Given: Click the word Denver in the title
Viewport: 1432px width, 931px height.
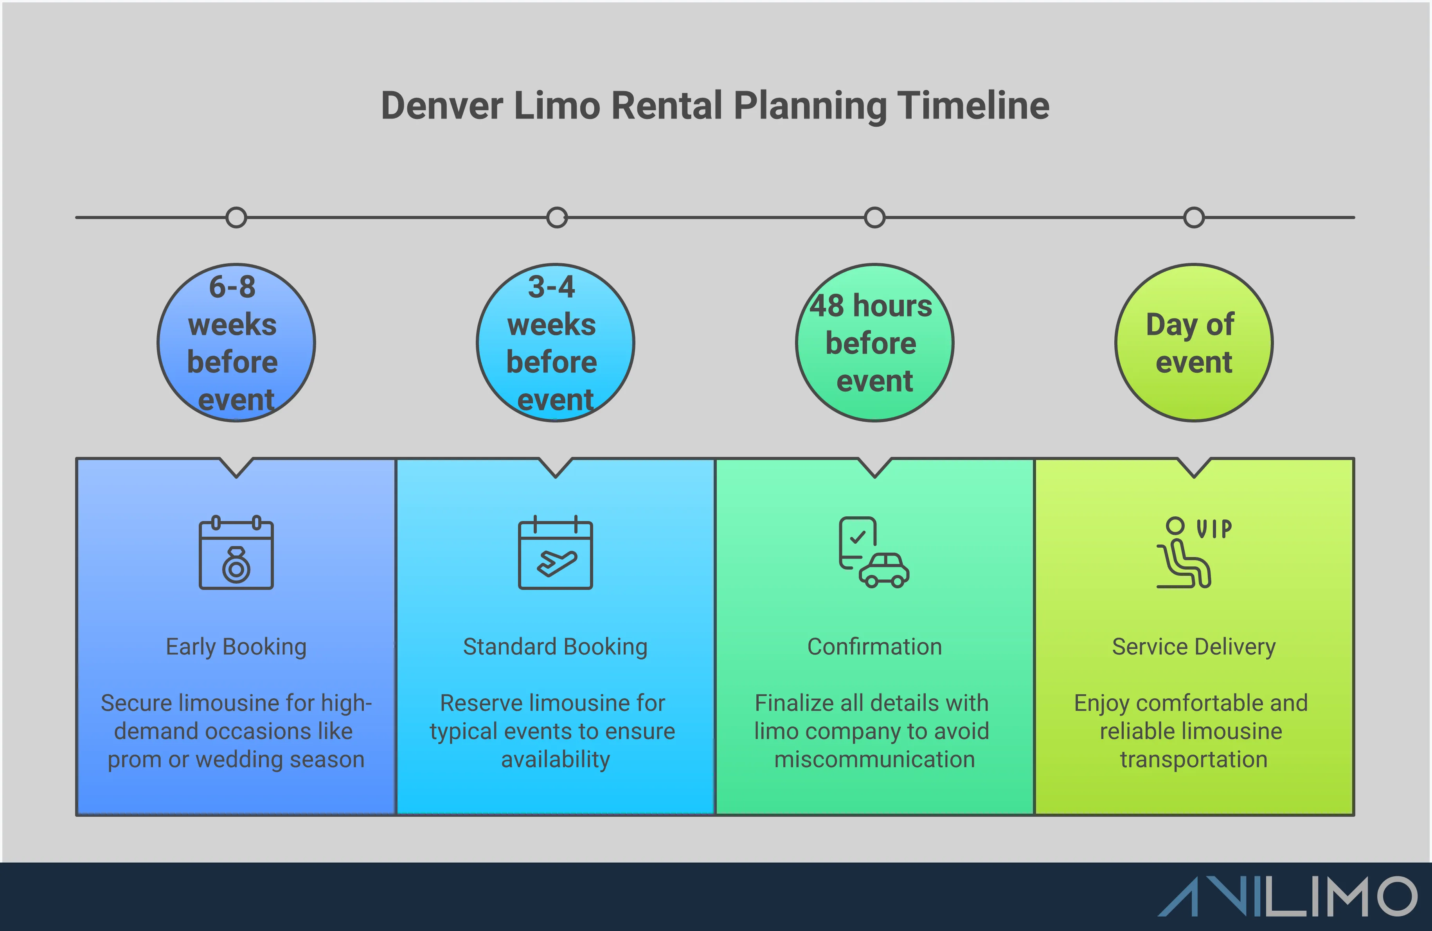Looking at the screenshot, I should pyautogui.click(x=442, y=106).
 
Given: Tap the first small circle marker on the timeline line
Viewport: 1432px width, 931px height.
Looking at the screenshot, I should pyautogui.click(x=236, y=217).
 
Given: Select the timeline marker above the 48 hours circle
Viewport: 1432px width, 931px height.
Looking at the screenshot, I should pyautogui.click(x=874, y=217).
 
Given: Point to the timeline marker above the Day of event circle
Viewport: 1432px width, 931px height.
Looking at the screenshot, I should pyautogui.click(x=1194, y=217).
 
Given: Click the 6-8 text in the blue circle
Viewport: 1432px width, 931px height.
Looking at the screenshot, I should pyautogui.click(x=232, y=287).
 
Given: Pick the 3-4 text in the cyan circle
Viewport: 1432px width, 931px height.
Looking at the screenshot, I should pyautogui.click(x=551, y=287).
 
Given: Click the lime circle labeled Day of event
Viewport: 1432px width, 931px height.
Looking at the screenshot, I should pyautogui.click(x=1194, y=343).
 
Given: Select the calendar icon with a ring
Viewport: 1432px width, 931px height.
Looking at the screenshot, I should pyautogui.click(x=236, y=553).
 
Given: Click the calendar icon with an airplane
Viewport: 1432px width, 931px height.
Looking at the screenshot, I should pyautogui.click(x=555, y=553).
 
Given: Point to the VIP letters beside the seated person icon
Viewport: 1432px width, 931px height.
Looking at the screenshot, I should pyautogui.click(x=1214, y=528).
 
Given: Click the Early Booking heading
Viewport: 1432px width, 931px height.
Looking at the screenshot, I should pyautogui.click(x=236, y=647).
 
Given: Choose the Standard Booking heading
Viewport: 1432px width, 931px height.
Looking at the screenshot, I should pyautogui.click(x=555, y=647).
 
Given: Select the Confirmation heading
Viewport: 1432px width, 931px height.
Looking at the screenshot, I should pyautogui.click(x=874, y=647).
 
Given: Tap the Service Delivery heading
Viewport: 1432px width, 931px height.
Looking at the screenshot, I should pyautogui.click(x=1194, y=647).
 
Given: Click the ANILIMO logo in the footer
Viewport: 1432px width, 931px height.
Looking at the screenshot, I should pyautogui.click(x=1288, y=897).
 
